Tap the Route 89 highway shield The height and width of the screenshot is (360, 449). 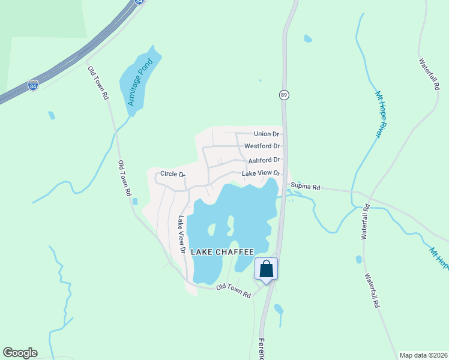coord(284,95)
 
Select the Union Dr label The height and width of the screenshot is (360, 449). coord(267,134)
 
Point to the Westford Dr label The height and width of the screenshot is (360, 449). coord(262,146)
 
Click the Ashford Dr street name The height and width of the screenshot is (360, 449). coord(264,160)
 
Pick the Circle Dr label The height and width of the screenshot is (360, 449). coord(172,175)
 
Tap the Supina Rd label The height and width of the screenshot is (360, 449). coord(306,187)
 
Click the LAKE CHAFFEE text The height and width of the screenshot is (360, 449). coord(223,252)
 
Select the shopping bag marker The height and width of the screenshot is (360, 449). coord(267,269)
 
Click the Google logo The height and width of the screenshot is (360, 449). coord(20,353)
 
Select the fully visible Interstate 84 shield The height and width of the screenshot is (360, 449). coord(33,85)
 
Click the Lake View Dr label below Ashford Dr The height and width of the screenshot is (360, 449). coord(261,173)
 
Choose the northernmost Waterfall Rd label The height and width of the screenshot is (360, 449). coord(429,74)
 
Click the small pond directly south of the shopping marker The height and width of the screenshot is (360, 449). coord(278,310)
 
